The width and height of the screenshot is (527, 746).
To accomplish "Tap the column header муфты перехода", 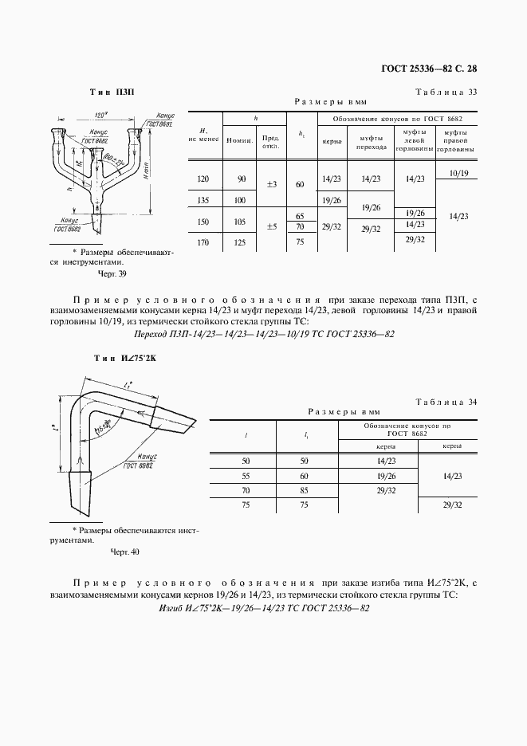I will [372, 142].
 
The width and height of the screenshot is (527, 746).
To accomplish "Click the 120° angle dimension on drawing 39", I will [100, 114].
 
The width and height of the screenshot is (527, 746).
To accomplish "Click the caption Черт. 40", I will [124, 551].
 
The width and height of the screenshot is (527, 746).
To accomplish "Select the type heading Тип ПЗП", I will [113, 92].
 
